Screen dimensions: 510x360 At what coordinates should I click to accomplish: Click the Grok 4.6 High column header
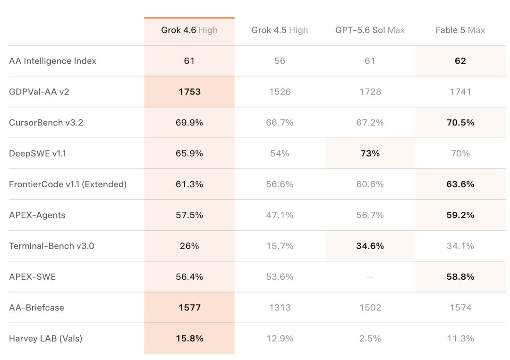click(x=189, y=30)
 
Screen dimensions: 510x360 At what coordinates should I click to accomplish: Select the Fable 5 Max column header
click(x=460, y=30)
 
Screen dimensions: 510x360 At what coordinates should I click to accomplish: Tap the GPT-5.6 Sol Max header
click(x=370, y=30)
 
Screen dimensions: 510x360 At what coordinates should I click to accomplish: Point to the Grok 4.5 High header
click(x=280, y=30)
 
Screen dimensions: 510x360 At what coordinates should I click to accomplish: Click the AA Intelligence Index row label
click(x=53, y=61)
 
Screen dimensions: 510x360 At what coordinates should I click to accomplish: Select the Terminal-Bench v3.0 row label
click(x=52, y=246)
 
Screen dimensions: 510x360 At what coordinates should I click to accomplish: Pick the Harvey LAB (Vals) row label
click(x=45, y=339)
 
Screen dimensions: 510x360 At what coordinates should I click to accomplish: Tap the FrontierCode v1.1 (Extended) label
click(x=68, y=184)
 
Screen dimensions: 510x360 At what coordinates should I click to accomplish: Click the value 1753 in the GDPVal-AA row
click(x=190, y=92)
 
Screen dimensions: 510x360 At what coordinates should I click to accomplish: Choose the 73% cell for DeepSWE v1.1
click(x=370, y=153)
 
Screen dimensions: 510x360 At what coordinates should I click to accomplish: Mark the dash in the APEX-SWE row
click(x=370, y=277)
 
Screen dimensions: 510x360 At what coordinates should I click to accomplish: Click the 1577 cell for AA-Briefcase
click(x=190, y=308)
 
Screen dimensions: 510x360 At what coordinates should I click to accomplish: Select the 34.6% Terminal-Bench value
click(x=370, y=246)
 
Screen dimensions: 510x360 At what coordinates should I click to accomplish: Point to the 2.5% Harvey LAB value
click(x=370, y=339)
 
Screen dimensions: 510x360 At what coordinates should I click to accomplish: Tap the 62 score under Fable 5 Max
click(x=460, y=61)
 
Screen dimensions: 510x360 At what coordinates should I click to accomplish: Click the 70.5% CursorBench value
click(x=460, y=123)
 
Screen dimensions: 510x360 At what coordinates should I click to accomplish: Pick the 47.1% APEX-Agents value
click(x=280, y=215)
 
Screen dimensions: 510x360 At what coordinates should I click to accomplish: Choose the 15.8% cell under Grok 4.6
click(x=190, y=339)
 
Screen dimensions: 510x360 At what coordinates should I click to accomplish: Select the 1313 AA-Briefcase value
click(x=280, y=308)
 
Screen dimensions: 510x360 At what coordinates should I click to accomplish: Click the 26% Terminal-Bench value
click(x=189, y=246)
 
